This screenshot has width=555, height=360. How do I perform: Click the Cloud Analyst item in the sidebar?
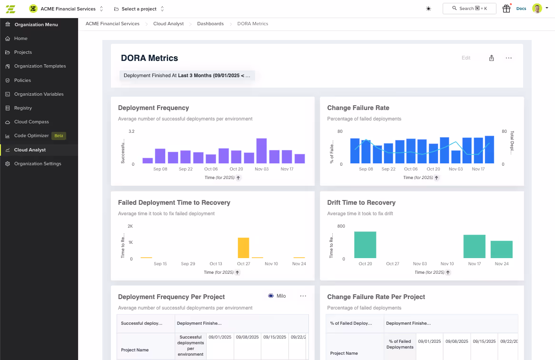(30, 150)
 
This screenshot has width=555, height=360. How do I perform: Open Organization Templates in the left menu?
(40, 66)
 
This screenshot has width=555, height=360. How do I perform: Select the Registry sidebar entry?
(23, 108)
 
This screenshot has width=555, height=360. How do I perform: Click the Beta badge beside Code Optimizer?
(59, 136)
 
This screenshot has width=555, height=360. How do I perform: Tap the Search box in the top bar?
(469, 9)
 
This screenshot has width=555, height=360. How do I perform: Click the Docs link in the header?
(521, 9)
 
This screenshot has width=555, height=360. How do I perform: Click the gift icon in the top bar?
(506, 9)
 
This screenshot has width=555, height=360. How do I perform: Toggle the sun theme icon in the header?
(428, 9)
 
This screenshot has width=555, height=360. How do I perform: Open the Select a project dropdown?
(139, 9)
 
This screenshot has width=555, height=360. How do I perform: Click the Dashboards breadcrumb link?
(210, 24)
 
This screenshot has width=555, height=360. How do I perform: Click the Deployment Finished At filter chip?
(187, 76)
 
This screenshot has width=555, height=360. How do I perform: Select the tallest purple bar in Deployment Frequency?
(261, 151)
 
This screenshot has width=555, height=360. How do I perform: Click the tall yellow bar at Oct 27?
(243, 248)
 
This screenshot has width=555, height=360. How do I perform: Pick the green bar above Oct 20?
(365, 245)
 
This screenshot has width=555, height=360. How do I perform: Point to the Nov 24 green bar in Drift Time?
(501, 250)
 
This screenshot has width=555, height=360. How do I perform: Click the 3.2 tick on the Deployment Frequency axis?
(131, 131)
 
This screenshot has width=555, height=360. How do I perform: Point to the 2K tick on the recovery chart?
(130, 226)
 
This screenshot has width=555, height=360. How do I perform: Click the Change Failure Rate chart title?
(358, 108)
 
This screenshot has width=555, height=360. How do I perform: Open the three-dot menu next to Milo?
(303, 296)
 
